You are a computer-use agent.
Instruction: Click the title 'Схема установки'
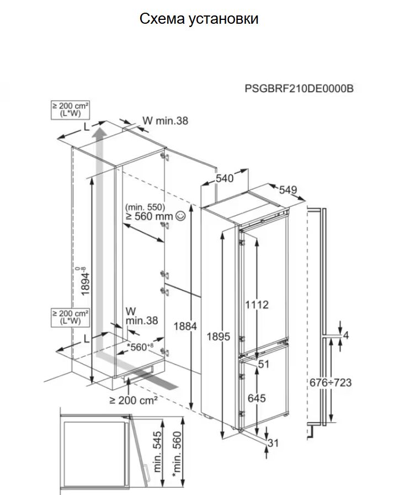point(199,19)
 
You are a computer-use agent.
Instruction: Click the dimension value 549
point(288,190)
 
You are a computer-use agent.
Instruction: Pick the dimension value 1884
point(185,326)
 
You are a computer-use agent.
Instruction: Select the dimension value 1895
point(219,337)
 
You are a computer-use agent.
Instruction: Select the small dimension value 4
point(346,335)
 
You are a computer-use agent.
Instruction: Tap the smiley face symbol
point(180,217)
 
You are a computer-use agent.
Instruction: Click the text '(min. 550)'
point(145,207)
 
